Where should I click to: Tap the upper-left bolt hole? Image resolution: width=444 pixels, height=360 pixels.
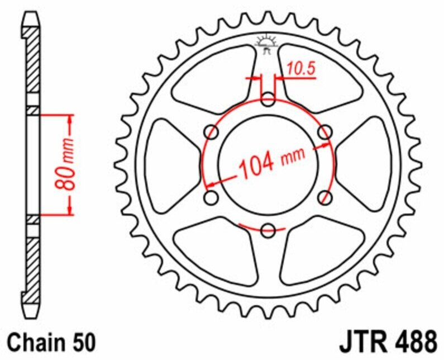pos(212,132)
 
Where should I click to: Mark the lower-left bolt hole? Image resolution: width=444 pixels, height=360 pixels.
pos(212,197)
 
